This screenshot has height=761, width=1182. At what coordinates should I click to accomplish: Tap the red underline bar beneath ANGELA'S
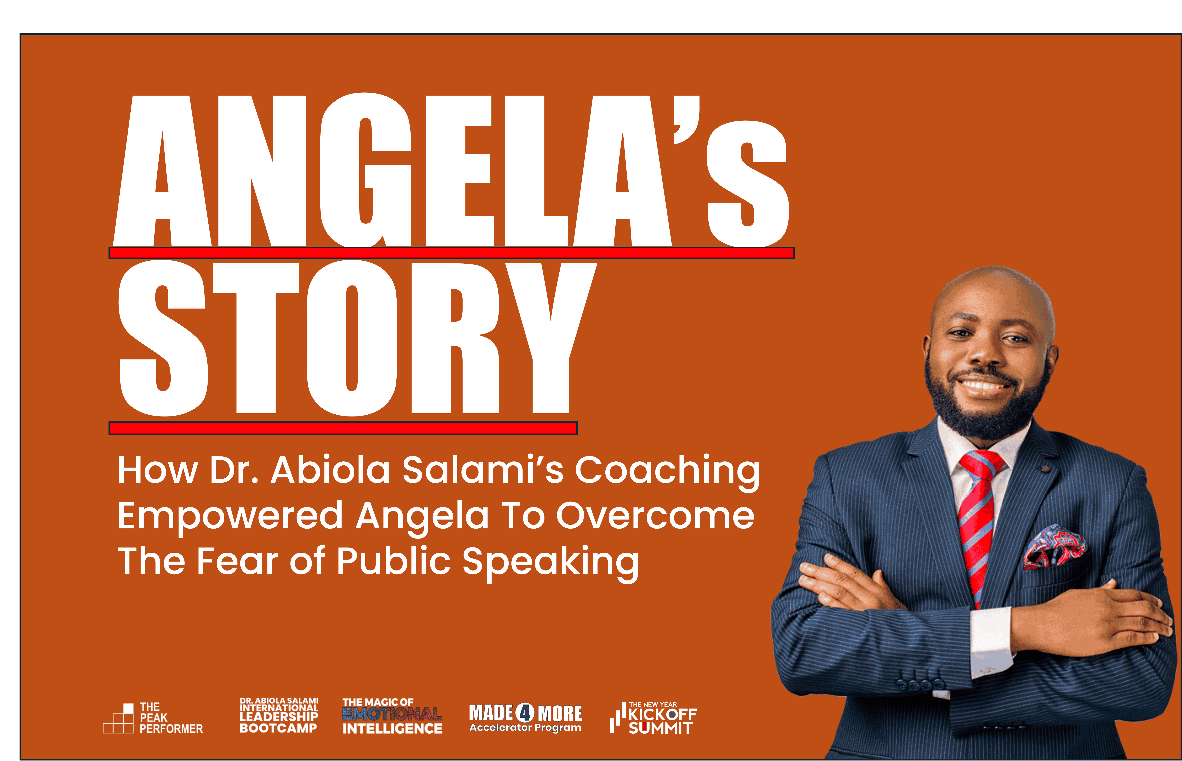pos(451,253)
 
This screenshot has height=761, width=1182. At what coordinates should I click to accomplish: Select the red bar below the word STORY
pos(343,428)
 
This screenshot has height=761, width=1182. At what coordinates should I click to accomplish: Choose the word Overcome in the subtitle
pos(655,515)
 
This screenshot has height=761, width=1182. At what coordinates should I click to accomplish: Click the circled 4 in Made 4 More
pos(525,712)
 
